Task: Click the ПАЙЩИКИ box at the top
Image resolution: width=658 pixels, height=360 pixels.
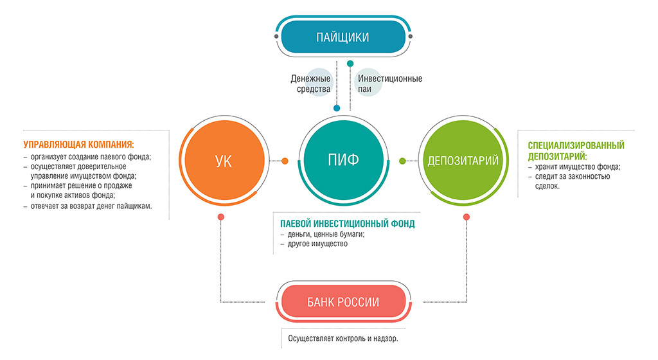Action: [x=342, y=37]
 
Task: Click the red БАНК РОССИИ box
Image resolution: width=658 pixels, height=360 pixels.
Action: [x=342, y=302]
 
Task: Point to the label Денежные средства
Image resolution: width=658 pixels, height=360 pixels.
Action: [x=310, y=84]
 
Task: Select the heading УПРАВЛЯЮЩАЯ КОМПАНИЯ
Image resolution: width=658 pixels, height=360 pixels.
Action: [x=78, y=144]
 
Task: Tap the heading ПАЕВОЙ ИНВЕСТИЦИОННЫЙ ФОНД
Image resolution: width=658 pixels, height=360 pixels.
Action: [x=347, y=224]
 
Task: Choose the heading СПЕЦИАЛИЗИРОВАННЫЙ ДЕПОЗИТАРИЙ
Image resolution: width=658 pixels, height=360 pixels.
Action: [x=576, y=151]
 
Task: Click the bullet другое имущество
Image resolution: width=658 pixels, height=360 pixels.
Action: [x=317, y=244]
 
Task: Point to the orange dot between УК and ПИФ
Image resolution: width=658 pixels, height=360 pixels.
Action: [x=285, y=161]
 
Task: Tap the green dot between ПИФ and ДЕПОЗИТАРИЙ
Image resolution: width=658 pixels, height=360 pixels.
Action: [x=403, y=161]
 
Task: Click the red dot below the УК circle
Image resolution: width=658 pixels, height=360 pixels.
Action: [x=220, y=217]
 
